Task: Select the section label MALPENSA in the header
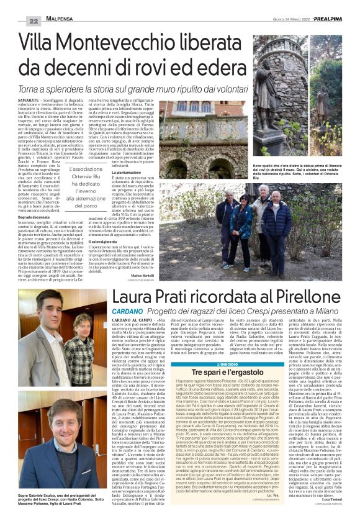click(x=62, y=21)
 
